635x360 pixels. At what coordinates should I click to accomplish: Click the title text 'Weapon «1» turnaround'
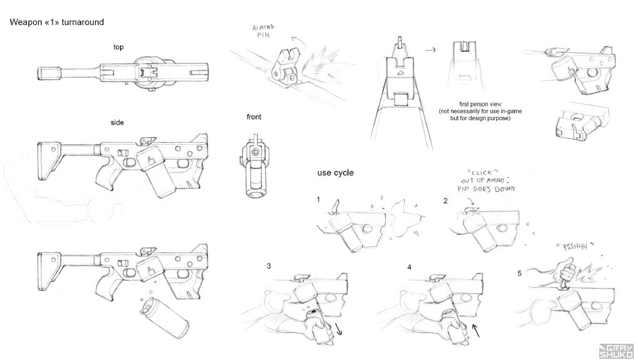coord(56,23)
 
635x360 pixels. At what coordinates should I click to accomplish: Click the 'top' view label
coord(118,48)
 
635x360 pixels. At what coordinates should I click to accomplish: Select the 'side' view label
coord(117,123)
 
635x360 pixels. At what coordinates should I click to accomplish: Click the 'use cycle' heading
coord(335,173)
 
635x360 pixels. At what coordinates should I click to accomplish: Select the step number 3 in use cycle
coord(269,266)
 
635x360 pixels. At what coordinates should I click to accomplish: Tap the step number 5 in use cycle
coord(519,273)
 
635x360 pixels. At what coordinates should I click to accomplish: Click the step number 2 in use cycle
coord(445,200)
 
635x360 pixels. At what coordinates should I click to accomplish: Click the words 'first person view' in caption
coord(480,105)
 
